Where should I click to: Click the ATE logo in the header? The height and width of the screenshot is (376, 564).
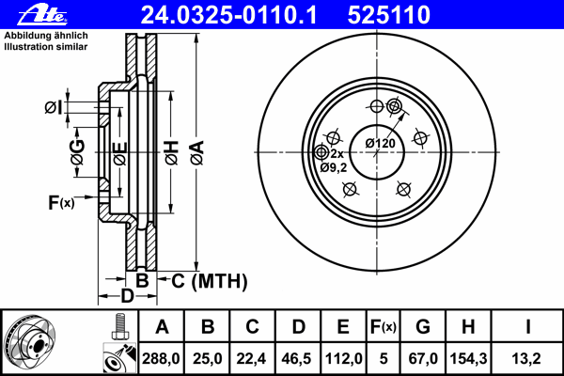42,15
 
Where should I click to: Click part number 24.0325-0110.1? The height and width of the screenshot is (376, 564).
228,15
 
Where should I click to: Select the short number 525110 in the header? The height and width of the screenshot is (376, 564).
389,15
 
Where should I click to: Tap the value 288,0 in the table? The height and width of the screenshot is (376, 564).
161,358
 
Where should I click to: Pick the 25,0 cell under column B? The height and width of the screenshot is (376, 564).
207,358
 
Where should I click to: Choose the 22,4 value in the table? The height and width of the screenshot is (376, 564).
251,358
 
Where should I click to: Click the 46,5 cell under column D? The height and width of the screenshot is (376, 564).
297,358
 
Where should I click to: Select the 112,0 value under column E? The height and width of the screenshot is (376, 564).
343,358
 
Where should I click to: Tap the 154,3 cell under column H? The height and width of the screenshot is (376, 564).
468,358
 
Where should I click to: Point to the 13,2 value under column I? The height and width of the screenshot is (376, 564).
526,358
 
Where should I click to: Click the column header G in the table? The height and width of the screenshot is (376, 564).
423,327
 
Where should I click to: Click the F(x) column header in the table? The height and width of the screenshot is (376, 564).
384,327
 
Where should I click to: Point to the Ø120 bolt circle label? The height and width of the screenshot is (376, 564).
380,143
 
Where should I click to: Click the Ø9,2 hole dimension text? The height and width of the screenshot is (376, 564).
334,167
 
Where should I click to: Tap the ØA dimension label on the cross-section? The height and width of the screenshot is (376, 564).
197,152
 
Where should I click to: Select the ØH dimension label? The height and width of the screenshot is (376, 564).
172,152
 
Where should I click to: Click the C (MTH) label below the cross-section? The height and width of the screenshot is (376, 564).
210,281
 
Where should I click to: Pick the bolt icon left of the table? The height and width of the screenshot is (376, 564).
119,326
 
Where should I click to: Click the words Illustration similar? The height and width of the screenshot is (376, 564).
46,47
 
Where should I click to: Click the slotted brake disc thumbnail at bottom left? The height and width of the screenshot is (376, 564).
30,342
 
